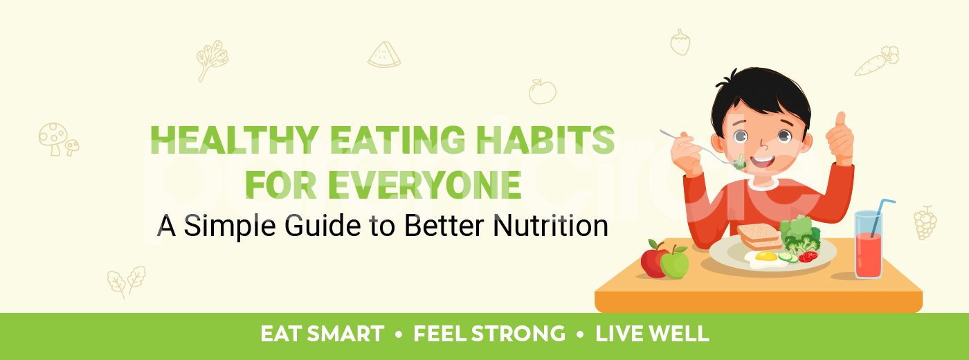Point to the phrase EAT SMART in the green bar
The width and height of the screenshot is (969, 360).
(322, 334)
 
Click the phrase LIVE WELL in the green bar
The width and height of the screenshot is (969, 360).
(652, 334)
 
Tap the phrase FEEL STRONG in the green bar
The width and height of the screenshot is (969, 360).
(489, 334)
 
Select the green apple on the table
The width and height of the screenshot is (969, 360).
(674, 263)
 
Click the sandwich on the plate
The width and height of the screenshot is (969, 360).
(759, 235)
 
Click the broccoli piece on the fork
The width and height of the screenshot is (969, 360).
(740, 163)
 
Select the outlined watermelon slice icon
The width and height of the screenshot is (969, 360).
(384, 55)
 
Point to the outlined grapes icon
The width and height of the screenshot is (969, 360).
(925, 223)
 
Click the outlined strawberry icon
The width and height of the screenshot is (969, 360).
(680, 43)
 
